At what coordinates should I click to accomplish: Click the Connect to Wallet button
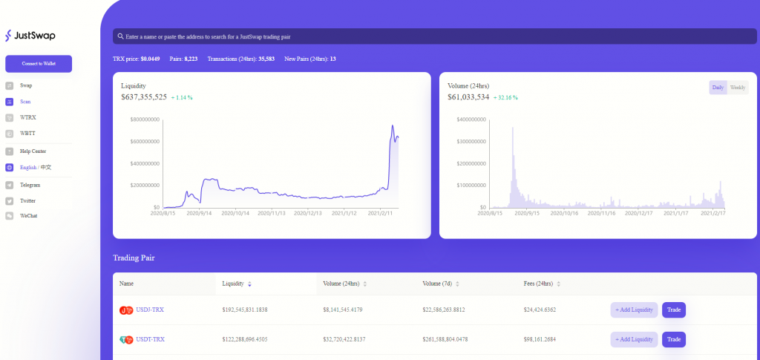click(39, 64)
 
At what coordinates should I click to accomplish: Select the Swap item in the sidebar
click(26, 85)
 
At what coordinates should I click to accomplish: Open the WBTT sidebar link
click(27, 134)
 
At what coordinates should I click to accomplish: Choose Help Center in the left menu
click(33, 151)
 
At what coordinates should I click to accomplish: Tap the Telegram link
click(30, 185)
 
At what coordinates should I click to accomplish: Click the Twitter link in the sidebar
click(27, 200)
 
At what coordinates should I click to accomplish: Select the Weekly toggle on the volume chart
click(737, 88)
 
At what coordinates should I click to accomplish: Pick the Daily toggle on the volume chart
click(718, 88)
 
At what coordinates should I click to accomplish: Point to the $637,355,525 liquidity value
click(144, 96)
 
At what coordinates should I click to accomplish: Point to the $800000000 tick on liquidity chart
click(145, 120)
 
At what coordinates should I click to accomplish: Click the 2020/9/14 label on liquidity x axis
click(199, 213)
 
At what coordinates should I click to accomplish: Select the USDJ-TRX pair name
click(150, 310)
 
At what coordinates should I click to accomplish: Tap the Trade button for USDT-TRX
click(673, 339)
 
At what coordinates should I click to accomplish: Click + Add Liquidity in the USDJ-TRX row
click(634, 310)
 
